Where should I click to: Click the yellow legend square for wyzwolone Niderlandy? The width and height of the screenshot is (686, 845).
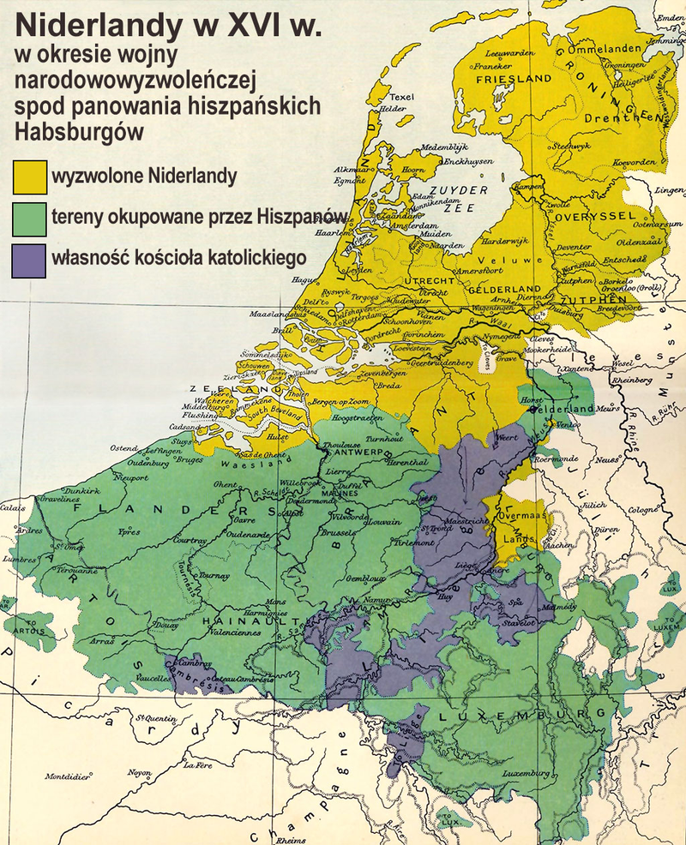29,176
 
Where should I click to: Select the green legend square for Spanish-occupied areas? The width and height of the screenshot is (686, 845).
29,218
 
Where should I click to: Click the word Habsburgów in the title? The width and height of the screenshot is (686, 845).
69,131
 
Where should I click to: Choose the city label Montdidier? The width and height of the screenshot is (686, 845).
69,777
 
